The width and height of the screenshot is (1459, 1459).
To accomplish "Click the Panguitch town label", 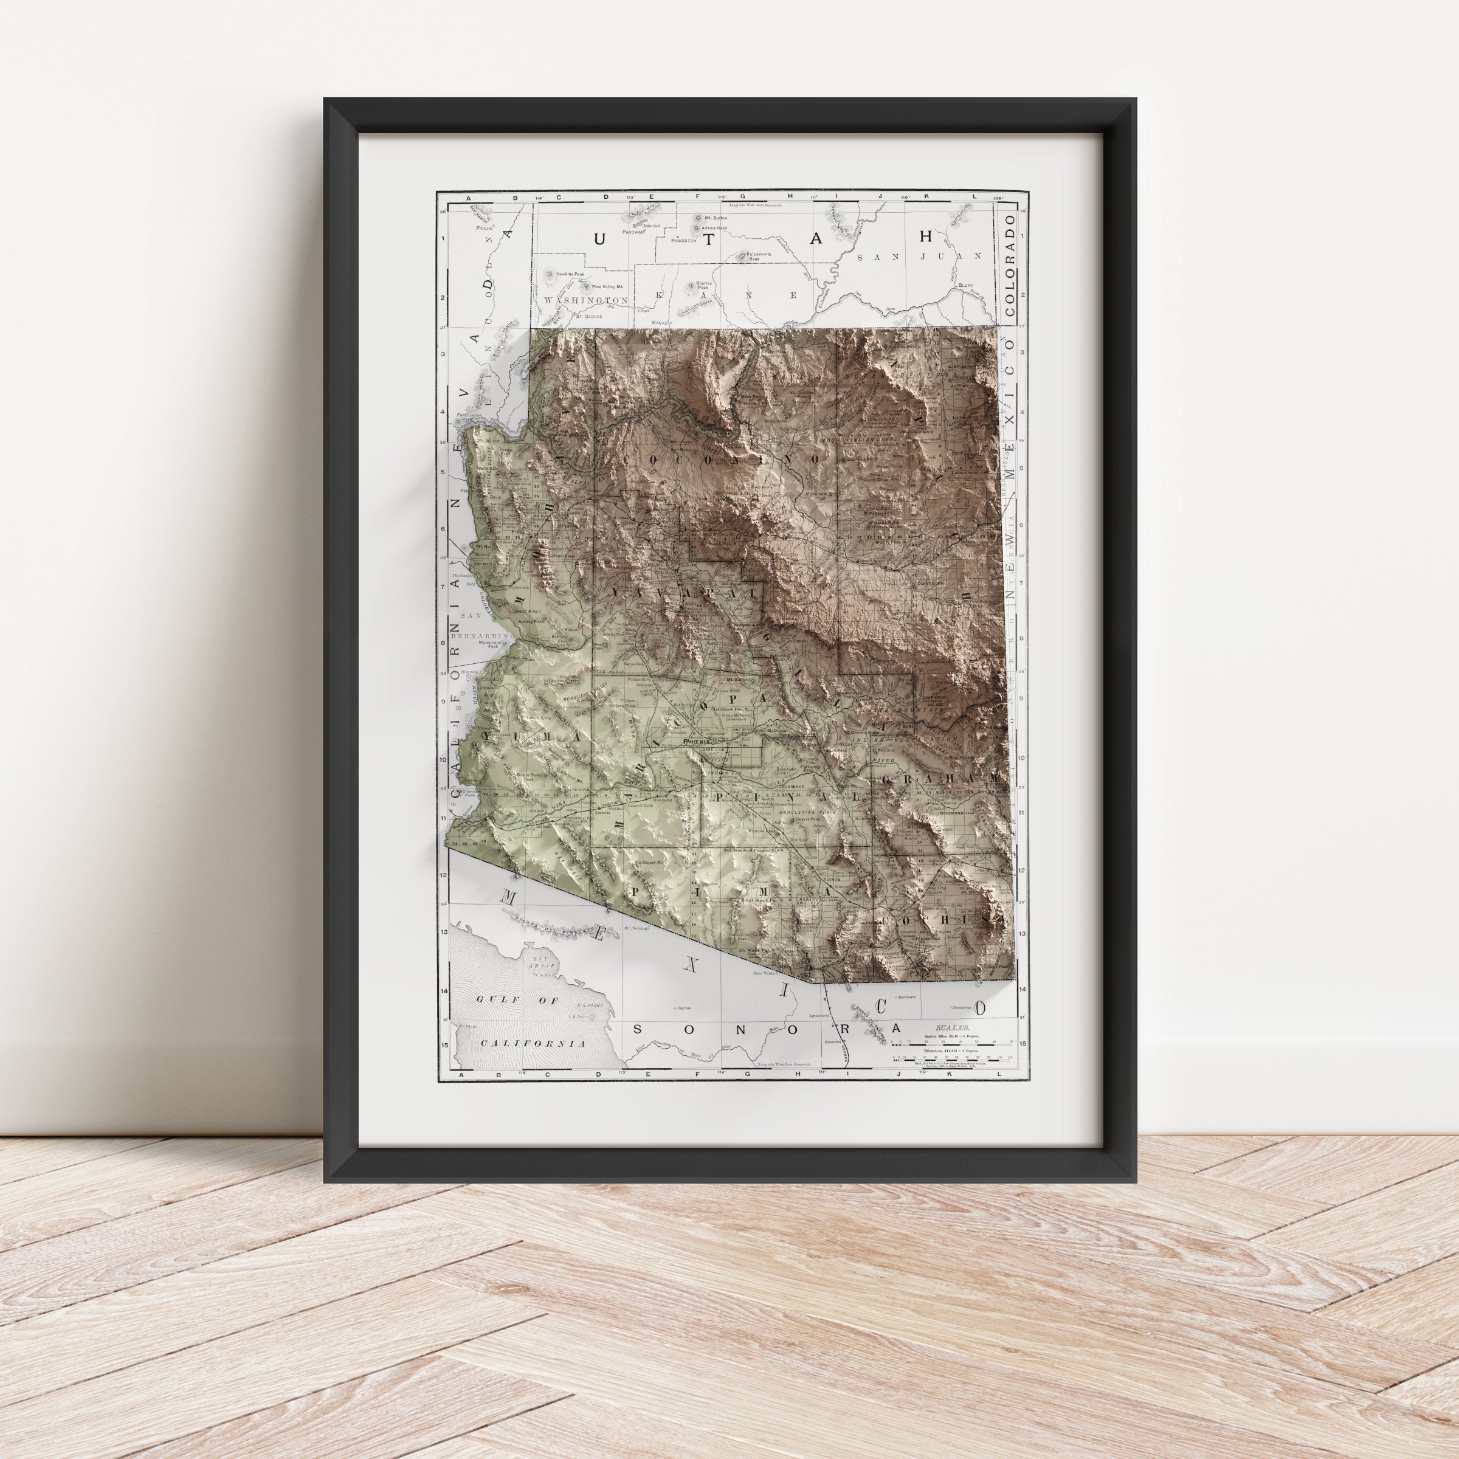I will [683, 241].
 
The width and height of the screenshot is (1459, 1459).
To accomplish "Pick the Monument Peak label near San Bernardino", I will [492, 643].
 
